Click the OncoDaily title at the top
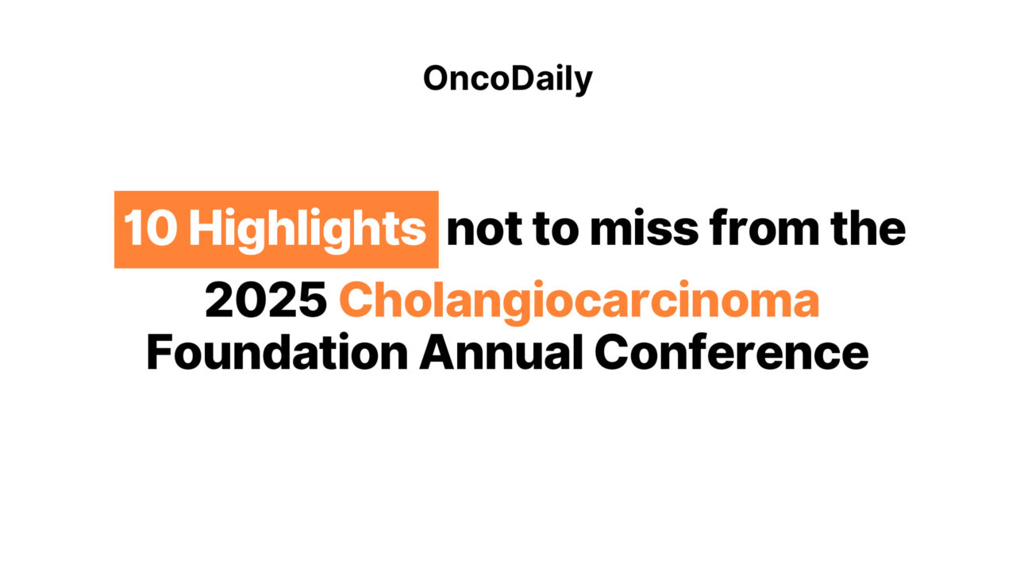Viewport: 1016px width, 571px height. click(507, 79)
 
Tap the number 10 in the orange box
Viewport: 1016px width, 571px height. click(150, 228)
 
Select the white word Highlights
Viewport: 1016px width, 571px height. click(307, 231)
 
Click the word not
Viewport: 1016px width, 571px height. click(484, 231)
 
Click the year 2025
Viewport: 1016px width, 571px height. click(266, 300)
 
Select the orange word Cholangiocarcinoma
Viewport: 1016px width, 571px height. click(579, 302)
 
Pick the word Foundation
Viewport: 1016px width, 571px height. click(277, 353)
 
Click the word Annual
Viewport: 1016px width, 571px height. click(501, 351)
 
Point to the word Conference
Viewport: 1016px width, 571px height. click(732, 351)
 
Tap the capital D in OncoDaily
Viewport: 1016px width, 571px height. click(524, 78)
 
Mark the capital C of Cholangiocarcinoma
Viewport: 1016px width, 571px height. click(357, 300)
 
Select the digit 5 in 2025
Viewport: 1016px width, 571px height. click(312, 300)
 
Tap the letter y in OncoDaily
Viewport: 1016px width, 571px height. click(583, 84)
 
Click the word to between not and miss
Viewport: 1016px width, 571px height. click(556, 230)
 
